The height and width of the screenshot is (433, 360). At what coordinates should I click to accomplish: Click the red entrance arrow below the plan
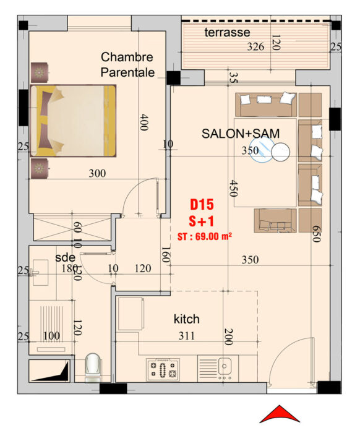pos(280,414)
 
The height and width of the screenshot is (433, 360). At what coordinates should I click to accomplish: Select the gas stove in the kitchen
pos(163,369)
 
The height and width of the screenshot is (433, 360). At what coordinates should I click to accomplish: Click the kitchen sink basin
pos(225,366)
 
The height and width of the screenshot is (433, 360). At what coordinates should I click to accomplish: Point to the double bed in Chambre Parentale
pos(73,121)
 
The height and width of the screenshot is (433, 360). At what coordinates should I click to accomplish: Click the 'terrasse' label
pos(227,32)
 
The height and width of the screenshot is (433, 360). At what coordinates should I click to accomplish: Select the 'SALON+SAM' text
pos(241,134)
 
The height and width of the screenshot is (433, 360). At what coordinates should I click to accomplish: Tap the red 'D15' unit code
pos(202,205)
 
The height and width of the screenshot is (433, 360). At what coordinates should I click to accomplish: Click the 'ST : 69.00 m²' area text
pos(205,236)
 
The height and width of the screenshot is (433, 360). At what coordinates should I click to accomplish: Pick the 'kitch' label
pos(186,319)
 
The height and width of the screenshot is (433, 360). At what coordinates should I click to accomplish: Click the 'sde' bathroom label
pos(65,257)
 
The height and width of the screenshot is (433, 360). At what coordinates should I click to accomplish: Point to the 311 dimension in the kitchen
pos(187,336)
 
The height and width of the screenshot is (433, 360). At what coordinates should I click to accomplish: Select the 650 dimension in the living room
pos(317,234)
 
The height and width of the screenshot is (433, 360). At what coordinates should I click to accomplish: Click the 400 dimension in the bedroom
pos(144,122)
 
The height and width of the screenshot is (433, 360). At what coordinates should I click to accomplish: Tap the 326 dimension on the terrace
pos(255,46)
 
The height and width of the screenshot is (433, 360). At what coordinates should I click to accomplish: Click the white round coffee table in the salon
pos(280,152)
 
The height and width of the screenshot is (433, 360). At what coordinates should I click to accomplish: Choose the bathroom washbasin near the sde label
pos(40,272)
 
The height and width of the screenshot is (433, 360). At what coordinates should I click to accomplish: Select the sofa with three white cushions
pos(266,105)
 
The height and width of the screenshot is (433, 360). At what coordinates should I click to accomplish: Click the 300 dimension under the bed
pos(97,173)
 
